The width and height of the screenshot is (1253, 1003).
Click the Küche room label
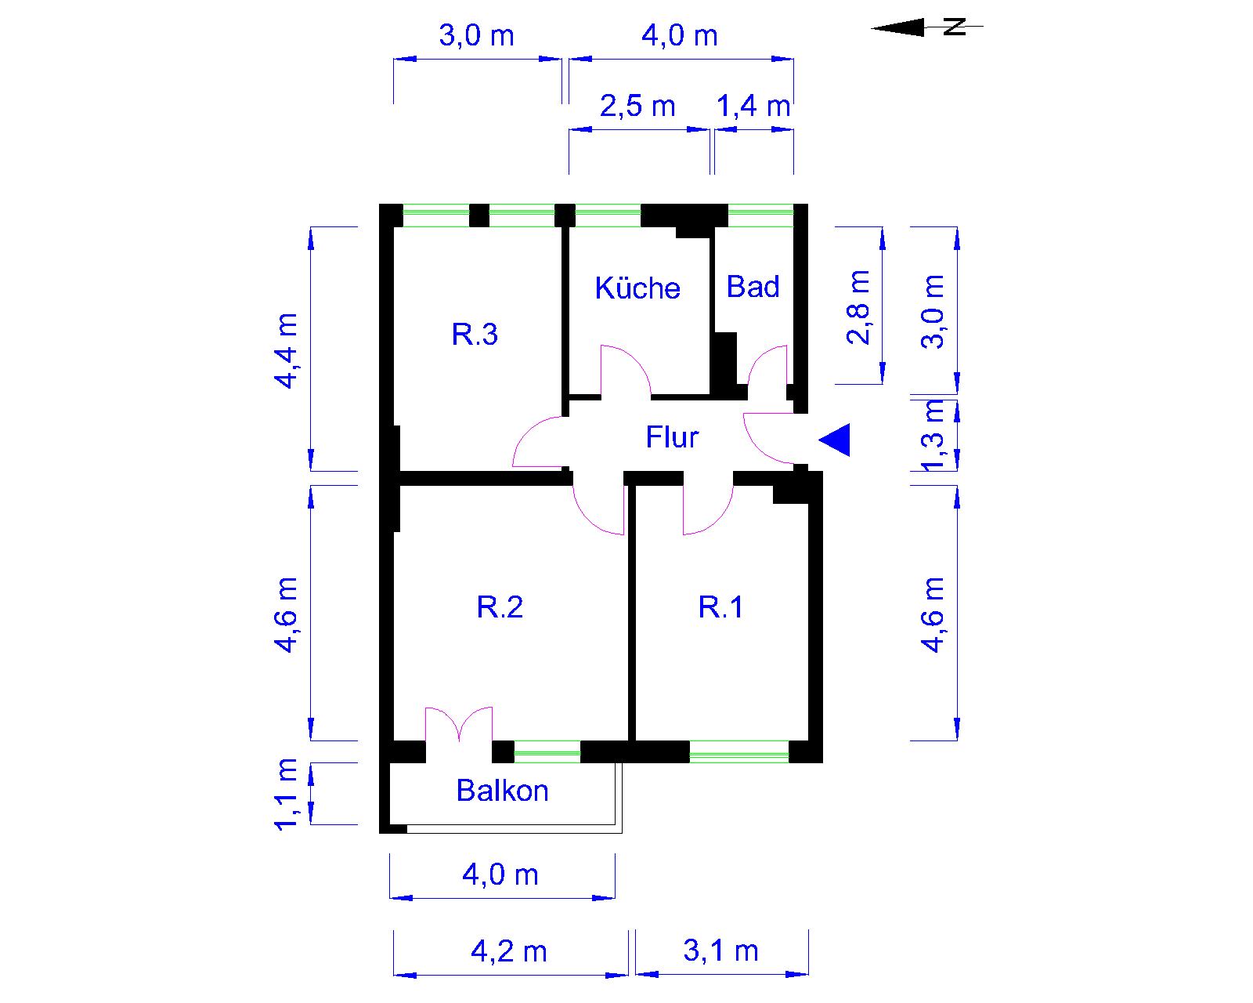coord(637,288)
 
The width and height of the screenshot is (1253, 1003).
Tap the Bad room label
coord(753,287)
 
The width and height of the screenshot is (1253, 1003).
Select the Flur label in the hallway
coord(672,437)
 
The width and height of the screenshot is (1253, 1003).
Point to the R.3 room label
coord(475,335)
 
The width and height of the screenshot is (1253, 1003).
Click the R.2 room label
coord(500,607)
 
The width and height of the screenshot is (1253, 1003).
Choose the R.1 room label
coord(720,607)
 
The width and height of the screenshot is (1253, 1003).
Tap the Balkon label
coord(502,791)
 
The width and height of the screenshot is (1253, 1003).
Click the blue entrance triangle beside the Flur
coord(835,440)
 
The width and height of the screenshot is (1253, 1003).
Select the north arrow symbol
coord(927,27)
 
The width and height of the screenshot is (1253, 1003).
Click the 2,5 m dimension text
coord(637,106)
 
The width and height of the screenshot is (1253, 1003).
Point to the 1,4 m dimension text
coord(753,106)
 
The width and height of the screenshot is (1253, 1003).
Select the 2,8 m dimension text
coord(858,307)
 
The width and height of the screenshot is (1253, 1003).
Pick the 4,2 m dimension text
coord(509,951)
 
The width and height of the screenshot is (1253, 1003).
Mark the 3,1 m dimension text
coord(720,951)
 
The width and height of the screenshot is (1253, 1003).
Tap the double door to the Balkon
coord(459,726)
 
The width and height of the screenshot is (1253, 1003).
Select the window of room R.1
coord(738,751)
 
